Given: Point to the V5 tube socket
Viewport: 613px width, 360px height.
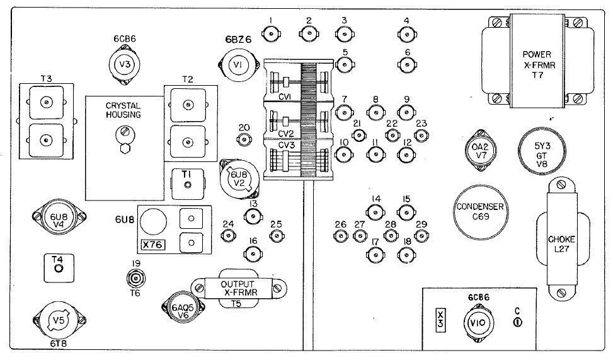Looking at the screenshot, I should coord(59,320).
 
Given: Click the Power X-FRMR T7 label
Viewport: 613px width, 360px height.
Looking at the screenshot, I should coord(537,63).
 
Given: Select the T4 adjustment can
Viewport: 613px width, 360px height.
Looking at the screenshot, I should coord(58,269).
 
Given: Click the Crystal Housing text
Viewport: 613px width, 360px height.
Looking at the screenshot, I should coord(123,110).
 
